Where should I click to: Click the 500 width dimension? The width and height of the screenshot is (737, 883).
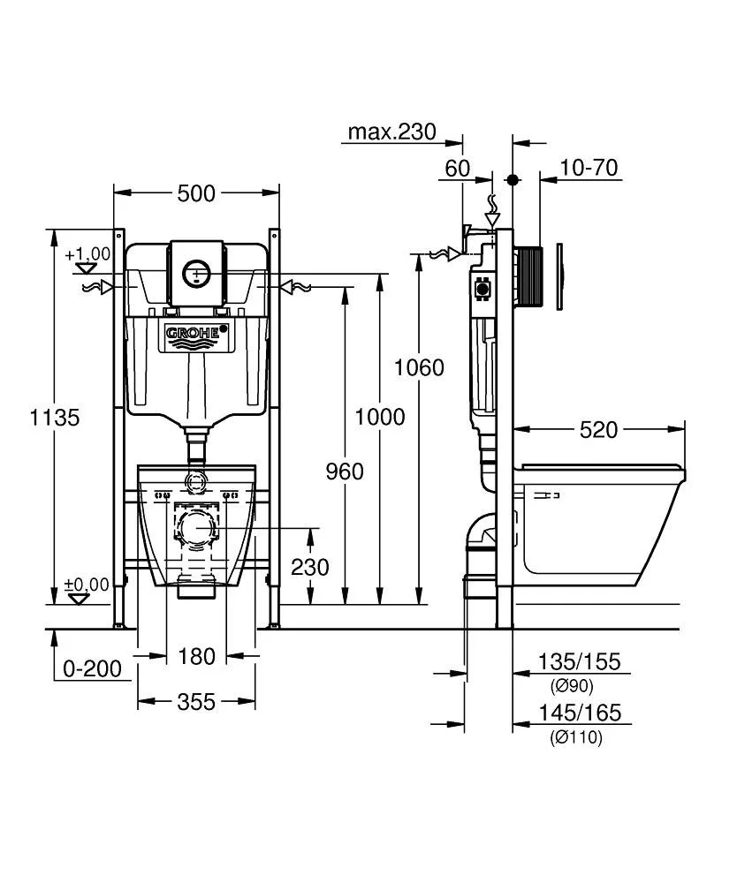click(x=196, y=192)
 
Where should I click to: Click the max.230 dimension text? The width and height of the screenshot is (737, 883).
click(x=391, y=132)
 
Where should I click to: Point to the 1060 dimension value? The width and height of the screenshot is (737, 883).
click(x=419, y=366)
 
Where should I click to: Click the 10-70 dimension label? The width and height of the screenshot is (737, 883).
click(x=588, y=168)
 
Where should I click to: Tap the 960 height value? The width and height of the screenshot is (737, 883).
click(x=344, y=472)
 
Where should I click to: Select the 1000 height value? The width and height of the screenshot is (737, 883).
click(x=380, y=416)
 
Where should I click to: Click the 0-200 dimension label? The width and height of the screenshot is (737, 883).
click(x=92, y=668)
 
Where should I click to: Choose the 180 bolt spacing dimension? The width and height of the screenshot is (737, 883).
click(x=196, y=656)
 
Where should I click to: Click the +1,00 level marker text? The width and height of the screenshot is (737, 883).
click(x=87, y=253)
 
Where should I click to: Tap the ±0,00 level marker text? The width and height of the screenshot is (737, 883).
click(x=87, y=584)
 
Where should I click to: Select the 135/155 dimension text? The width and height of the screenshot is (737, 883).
click(x=580, y=661)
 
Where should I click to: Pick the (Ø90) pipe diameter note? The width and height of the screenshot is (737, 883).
click(x=572, y=686)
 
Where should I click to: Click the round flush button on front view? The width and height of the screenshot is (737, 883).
click(x=196, y=274)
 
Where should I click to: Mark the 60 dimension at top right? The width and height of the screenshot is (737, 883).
click(x=457, y=168)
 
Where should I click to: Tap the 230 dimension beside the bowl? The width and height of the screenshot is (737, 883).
click(x=309, y=566)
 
